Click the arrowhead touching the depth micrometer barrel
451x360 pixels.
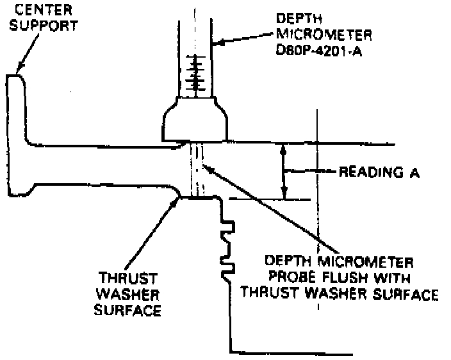coord(216,44)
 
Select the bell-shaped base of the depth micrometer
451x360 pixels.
coord(195,119)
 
